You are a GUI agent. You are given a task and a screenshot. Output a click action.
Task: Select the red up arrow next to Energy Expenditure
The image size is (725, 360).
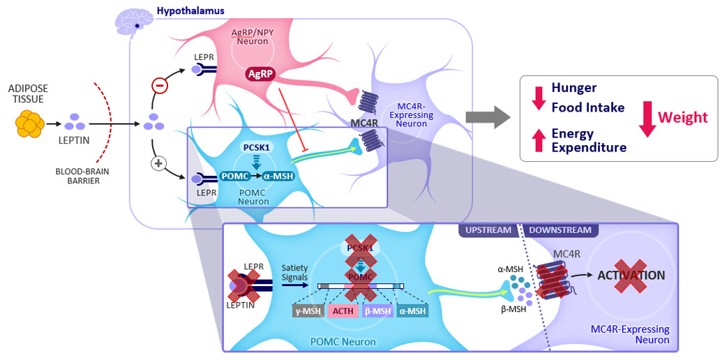coord(538,140)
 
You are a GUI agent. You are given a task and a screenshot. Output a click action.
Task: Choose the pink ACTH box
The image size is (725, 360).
coord(343,311)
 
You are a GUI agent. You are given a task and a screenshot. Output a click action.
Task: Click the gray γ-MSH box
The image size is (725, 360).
coord(308,311)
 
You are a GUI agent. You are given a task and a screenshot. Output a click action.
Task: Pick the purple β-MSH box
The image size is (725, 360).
coord(378,311)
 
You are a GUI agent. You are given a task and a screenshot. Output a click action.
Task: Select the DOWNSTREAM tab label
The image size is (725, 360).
coord(560,230)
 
